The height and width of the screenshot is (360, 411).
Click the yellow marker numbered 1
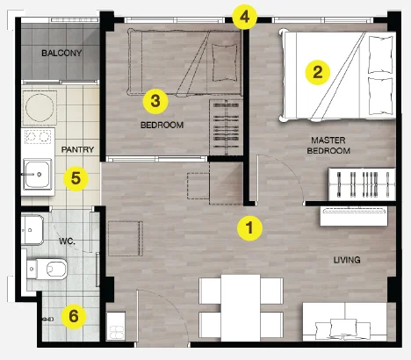click(249, 228)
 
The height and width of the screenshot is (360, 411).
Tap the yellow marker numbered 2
click(318, 72)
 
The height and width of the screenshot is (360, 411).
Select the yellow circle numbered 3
click(155, 101)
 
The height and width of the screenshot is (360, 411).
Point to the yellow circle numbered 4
click(245, 17)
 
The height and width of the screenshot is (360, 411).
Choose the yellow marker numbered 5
click(76, 178)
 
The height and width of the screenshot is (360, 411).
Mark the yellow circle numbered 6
click(74, 316)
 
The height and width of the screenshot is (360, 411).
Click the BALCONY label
click(61, 53)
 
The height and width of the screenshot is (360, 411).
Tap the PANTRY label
click(77, 149)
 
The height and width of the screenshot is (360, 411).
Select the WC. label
click(67, 241)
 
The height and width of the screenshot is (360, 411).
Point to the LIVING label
click(347, 260)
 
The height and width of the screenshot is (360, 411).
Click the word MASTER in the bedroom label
click(328, 140)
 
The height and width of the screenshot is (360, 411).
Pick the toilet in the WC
click(47, 269)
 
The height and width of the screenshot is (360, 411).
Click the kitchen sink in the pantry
click(38, 175)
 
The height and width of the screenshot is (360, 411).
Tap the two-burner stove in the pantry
click(38, 136)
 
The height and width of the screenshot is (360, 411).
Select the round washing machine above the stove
click(40, 108)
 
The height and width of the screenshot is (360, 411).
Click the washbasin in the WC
click(32, 230)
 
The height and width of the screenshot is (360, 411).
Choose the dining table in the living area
click(241, 307)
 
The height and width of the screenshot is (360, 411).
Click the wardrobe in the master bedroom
click(363, 184)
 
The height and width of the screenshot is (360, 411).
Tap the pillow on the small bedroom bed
click(224, 62)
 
